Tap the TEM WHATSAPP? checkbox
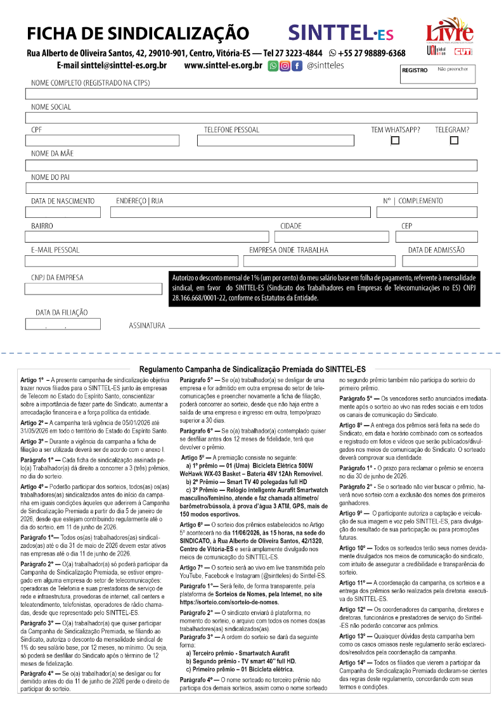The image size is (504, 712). pyautogui.click(x=395, y=141)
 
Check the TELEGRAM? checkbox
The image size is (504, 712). pyautogui.click(x=454, y=141)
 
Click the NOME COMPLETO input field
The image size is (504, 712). pyautogui.click(x=250, y=94)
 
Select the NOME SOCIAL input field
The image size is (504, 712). pyautogui.click(x=250, y=117)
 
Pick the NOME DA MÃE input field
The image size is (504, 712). pyautogui.click(x=250, y=165)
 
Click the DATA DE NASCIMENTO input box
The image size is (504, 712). pyautogui.click(x=63, y=212)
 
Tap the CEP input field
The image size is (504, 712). pyautogui.click(x=436, y=236)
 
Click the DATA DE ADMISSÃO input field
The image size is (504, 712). pyautogui.click(x=439, y=261)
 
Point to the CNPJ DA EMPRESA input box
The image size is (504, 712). pyautogui.click(x=93, y=289)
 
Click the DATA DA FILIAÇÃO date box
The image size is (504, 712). pyautogui.click(x=63, y=324)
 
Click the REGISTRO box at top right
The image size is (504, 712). pyautogui.click(x=437, y=73)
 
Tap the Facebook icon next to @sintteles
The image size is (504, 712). pyautogui.click(x=296, y=65)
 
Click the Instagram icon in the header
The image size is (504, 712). pyautogui.click(x=285, y=65)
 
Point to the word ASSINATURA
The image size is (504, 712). pyautogui.click(x=147, y=326)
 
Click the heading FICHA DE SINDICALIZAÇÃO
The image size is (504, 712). pyautogui.click(x=138, y=33)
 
